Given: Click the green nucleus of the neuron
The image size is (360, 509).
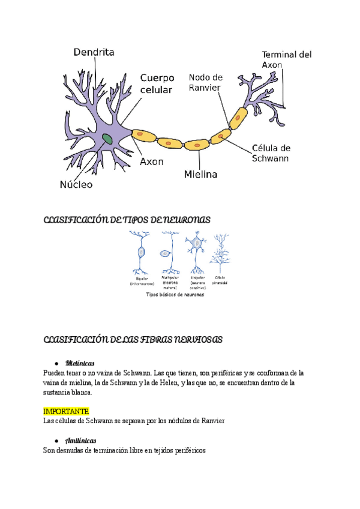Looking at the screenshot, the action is pos(107,139).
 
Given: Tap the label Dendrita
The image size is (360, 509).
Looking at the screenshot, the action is pos(94,53).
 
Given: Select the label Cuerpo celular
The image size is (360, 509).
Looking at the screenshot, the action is pos(157,83).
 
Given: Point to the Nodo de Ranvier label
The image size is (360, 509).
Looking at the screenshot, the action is pos(205,82).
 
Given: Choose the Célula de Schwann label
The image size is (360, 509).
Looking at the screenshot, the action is pos(271,153).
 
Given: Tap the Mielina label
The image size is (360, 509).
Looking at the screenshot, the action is pos(200,175).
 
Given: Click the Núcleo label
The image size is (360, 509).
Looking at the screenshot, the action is pos(76,184).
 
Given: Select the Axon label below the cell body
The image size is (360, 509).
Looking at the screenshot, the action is pos(152,161).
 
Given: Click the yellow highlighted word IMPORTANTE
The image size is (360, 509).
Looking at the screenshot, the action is pos(67,411).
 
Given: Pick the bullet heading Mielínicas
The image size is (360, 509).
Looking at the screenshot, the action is pos(80,363).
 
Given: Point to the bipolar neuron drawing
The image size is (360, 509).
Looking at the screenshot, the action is pos(142,253).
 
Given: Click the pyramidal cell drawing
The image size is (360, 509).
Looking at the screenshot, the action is pos(220,253).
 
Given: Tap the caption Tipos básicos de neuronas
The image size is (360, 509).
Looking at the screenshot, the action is pos(176,295).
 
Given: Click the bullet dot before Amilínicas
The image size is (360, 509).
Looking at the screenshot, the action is pos(56,441).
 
